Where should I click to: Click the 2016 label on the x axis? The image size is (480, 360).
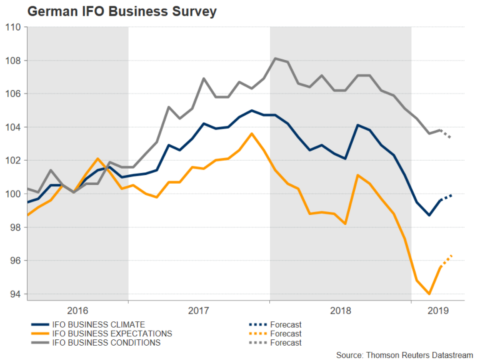coord(77,310)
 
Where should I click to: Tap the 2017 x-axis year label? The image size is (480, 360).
coord(199,310)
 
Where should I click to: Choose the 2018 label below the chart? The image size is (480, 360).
coord(340,310)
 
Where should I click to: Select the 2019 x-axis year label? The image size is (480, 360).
coord(437,310)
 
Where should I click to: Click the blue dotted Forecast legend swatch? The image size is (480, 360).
coord(256,324)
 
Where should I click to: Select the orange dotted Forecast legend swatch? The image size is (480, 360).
coord(256,334)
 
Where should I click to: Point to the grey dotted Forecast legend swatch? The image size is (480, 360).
coord(256,342)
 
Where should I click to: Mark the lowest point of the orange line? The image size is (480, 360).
coord(429,294)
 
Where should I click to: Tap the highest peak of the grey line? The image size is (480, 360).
coord(276,58)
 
